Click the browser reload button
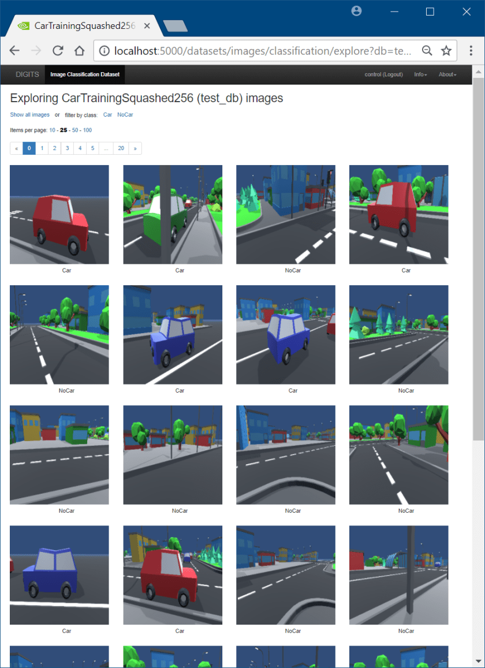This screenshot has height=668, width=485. tap(58, 51)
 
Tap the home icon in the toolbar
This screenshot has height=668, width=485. tap(79, 51)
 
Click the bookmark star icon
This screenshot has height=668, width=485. tap(446, 51)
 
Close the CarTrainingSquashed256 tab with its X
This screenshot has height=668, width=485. tap(147, 25)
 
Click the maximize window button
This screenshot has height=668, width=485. tap(430, 12)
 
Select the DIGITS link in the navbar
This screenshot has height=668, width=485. tap(27, 74)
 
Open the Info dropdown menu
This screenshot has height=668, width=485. tap(420, 74)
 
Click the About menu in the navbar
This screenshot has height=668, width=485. tap(447, 74)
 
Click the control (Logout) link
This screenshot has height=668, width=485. tap(383, 74)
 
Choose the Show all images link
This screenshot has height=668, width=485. tap(30, 114)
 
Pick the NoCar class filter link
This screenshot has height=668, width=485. tap(125, 114)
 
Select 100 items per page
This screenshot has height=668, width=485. tap(87, 130)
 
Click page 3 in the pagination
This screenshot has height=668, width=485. tap(68, 148)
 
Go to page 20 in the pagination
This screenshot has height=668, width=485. tap(121, 148)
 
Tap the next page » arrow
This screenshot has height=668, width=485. tap(135, 148)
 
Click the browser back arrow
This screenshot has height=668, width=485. tap(14, 51)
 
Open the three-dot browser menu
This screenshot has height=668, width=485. tap(471, 51)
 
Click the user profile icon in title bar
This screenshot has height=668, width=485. tap(357, 11)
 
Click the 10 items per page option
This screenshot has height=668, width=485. tap(53, 130)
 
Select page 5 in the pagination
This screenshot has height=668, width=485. tap(92, 148)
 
